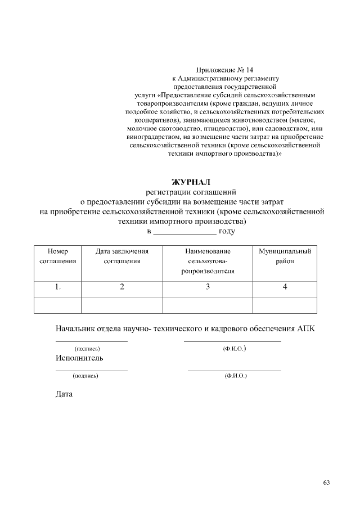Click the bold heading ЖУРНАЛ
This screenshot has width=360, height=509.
click(190, 182)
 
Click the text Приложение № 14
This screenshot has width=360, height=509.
click(225, 70)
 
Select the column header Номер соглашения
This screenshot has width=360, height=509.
click(58, 256)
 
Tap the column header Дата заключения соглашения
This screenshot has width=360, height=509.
click(122, 256)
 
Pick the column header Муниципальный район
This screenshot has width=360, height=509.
click(285, 256)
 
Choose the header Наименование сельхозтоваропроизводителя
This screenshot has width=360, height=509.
click(208, 261)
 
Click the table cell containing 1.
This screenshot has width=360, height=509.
click(58, 287)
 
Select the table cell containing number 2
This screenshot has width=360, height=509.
click(122, 287)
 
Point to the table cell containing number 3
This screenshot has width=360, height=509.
click(208, 287)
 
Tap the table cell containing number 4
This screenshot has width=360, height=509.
click(285, 287)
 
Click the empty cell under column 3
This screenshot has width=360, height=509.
click(208, 304)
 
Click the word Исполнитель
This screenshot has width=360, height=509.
click(79, 358)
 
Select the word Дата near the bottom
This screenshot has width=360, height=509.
click(64, 394)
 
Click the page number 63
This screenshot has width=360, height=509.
click(326, 482)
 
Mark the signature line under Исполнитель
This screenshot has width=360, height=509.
click(91, 370)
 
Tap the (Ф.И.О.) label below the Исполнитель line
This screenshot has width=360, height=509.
click(235, 375)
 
